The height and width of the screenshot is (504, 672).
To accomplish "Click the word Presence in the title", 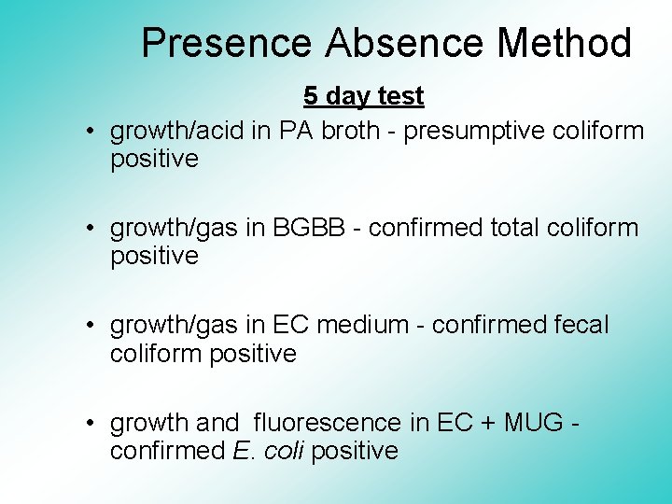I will tap(227, 43).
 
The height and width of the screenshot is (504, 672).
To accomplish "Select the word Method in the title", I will tap(564, 43).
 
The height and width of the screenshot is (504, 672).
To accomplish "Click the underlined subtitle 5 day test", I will tap(363, 96).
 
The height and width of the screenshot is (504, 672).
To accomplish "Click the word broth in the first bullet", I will tap(351, 131).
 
